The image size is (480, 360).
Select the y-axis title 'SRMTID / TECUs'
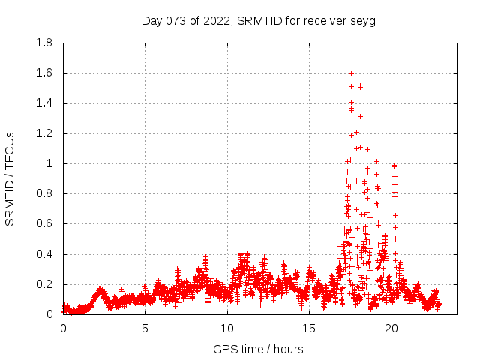point(10,178)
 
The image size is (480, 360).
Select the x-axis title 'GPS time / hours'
point(258,349)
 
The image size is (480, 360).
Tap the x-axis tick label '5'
point(145,328)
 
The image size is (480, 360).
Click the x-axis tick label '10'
point(227,328)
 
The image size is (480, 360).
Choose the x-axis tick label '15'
point(309,328)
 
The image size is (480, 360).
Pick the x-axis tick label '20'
point(391,328)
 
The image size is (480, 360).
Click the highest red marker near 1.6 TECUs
point(351,73)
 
